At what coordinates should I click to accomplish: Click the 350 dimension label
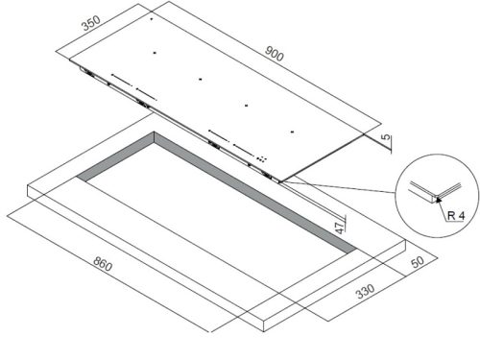tap(91, 23)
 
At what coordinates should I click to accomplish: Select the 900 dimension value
tap(274, 54)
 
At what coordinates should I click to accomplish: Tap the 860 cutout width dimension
tap(103, 264)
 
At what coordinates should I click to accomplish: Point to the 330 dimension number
tap(366, 291)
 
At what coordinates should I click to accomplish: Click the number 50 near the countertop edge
tap(418, 262)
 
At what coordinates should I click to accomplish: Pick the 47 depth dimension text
tap(339, 228)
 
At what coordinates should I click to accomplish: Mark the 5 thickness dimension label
tap(386, 137)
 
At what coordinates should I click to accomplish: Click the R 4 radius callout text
tap(456, 215)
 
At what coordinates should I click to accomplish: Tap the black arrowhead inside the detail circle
tap(439, 200)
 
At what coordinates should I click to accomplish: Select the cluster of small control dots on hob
tap(261, 158)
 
